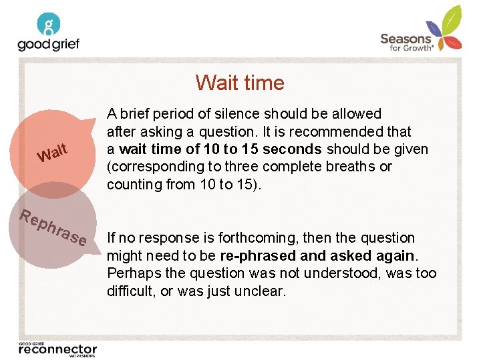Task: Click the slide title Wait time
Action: pos(240,83)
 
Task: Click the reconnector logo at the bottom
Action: pos(57,349)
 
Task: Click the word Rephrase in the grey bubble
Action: pos(53,227)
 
